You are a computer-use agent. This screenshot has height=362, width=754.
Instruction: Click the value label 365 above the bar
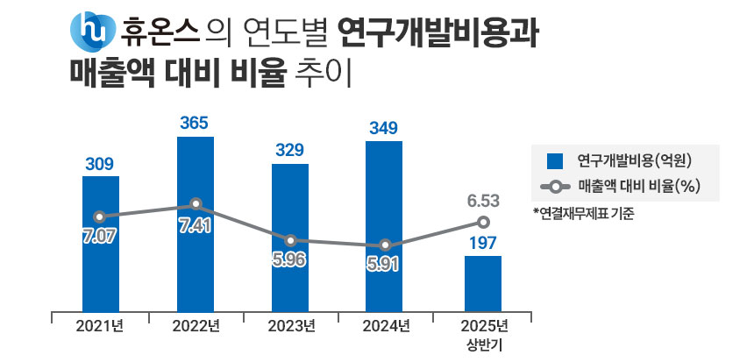(195, 124)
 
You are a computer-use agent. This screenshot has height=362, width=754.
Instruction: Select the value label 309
(100, 163)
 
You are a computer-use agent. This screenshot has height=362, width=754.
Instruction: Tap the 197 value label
(482, 243)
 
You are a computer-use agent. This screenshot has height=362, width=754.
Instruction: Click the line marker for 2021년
(100, 216)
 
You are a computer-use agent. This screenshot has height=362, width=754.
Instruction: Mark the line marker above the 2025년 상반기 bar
(482, 223)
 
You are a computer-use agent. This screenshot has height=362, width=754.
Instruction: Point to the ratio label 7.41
(195, 226)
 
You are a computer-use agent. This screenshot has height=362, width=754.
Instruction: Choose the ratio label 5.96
(290, 261)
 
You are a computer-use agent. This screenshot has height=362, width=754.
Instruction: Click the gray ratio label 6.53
(482, 202)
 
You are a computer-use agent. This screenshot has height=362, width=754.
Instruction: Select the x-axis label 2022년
(195, 327)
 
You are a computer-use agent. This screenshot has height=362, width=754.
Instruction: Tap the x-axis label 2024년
(385, 327)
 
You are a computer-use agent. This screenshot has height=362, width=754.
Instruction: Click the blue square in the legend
(553, 160)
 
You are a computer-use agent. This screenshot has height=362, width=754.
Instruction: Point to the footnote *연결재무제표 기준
(582, 213)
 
